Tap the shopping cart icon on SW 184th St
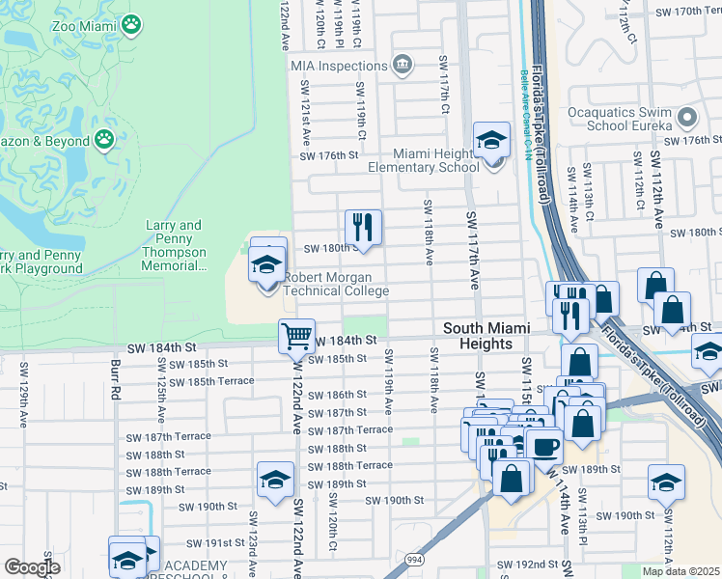296,337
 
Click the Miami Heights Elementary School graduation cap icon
491,141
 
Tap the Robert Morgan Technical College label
335,284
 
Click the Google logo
32,567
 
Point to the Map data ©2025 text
680,571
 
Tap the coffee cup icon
544,447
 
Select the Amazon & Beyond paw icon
104,140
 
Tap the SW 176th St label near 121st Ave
329,155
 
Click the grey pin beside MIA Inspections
403,66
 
